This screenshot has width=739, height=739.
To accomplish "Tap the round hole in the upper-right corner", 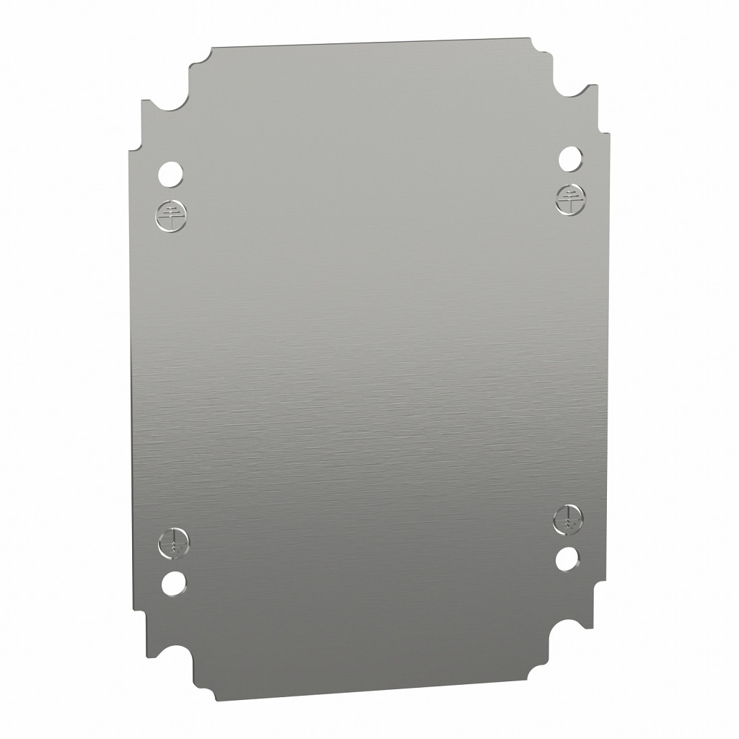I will [569, 157].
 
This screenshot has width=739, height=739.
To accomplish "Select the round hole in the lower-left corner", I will [172, 583].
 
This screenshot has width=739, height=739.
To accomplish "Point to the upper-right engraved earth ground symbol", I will [570, 198].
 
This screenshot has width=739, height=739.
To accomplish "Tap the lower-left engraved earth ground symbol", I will [172, 543].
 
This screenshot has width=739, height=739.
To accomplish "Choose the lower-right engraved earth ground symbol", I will [569, 518].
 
